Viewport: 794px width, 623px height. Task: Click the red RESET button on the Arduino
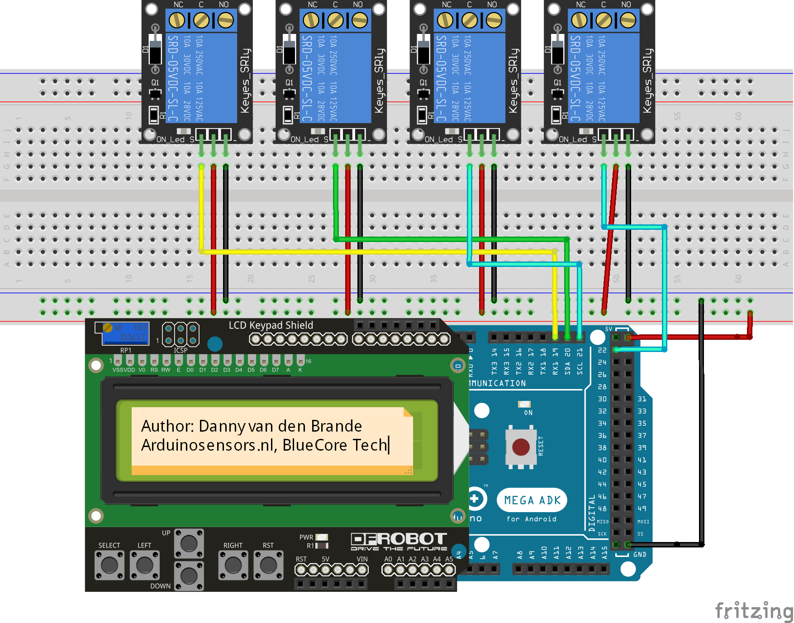(x=521, y=447)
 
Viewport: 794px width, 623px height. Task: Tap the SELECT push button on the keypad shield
(x=109, y=565)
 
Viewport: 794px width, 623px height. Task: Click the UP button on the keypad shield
(x=189, y=543)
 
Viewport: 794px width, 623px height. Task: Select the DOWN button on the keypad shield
(x=189, y=576)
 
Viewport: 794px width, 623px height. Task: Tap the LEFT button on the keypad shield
(x=145, y=565)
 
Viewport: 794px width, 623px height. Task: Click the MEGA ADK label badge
(x=532, y=500)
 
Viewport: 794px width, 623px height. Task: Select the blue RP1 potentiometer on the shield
(x=122, y=333)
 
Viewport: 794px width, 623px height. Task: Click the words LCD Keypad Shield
(x=271, y=325)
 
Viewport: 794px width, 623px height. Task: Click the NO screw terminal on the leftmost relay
(x=225, y=20)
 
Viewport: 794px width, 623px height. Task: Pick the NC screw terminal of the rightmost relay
(x=579, y=20)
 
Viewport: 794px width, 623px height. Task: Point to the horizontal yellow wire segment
(x=376, y=252)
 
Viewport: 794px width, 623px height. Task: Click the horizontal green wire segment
(x=452, y=239)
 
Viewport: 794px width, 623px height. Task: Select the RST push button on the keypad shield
(x=268, y=565)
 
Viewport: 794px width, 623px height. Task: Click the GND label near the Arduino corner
(x=640, y=555)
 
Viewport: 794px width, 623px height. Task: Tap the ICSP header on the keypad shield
(x=181, y=334)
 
